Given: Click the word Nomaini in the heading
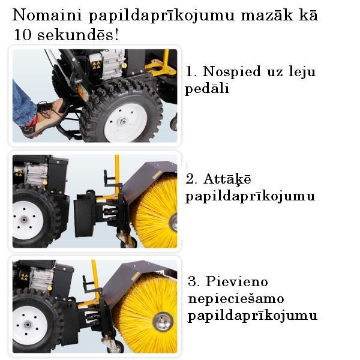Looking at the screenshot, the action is click(x=47, y=15).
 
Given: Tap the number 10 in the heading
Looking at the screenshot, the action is click(x=23, y=35).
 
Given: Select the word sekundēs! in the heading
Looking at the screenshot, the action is click(x=78, y=35).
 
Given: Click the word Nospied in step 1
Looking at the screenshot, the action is click(x=232, y=71).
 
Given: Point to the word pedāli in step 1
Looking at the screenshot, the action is click(x=207, y=88).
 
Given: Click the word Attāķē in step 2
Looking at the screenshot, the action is click(x=227, y=179).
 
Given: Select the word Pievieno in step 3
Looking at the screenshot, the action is click(x=237, y=281).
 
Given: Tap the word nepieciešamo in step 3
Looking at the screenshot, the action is click(x=236, y=299).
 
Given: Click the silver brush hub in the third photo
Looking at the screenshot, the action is click(x=163, y=321).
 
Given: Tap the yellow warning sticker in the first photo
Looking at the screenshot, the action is click(x=96, y=65).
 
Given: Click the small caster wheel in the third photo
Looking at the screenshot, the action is click(x=116, y=346).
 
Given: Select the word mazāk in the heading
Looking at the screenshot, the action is click(x=267, y=15).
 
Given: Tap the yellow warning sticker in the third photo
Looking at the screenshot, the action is click(x=24, y=277).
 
